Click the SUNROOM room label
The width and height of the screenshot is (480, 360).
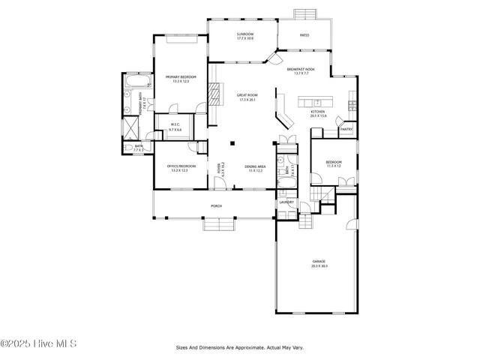click(245, 34)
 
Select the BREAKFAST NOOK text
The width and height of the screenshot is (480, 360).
click(301, 69)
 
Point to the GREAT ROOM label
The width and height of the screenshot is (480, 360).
click(247, 95)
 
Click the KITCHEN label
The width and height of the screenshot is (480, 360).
click(318, 112)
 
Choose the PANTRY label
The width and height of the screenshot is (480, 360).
click(346, 129)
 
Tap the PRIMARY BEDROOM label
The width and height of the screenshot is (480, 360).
click(180, 76)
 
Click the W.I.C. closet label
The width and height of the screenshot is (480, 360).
click(175, 124)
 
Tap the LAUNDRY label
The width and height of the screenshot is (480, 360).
click(286, 202)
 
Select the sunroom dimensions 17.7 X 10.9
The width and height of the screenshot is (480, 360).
click(245, 38)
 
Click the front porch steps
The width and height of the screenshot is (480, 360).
click(220, 223)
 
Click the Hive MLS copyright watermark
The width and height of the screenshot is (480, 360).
click(38, 344)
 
